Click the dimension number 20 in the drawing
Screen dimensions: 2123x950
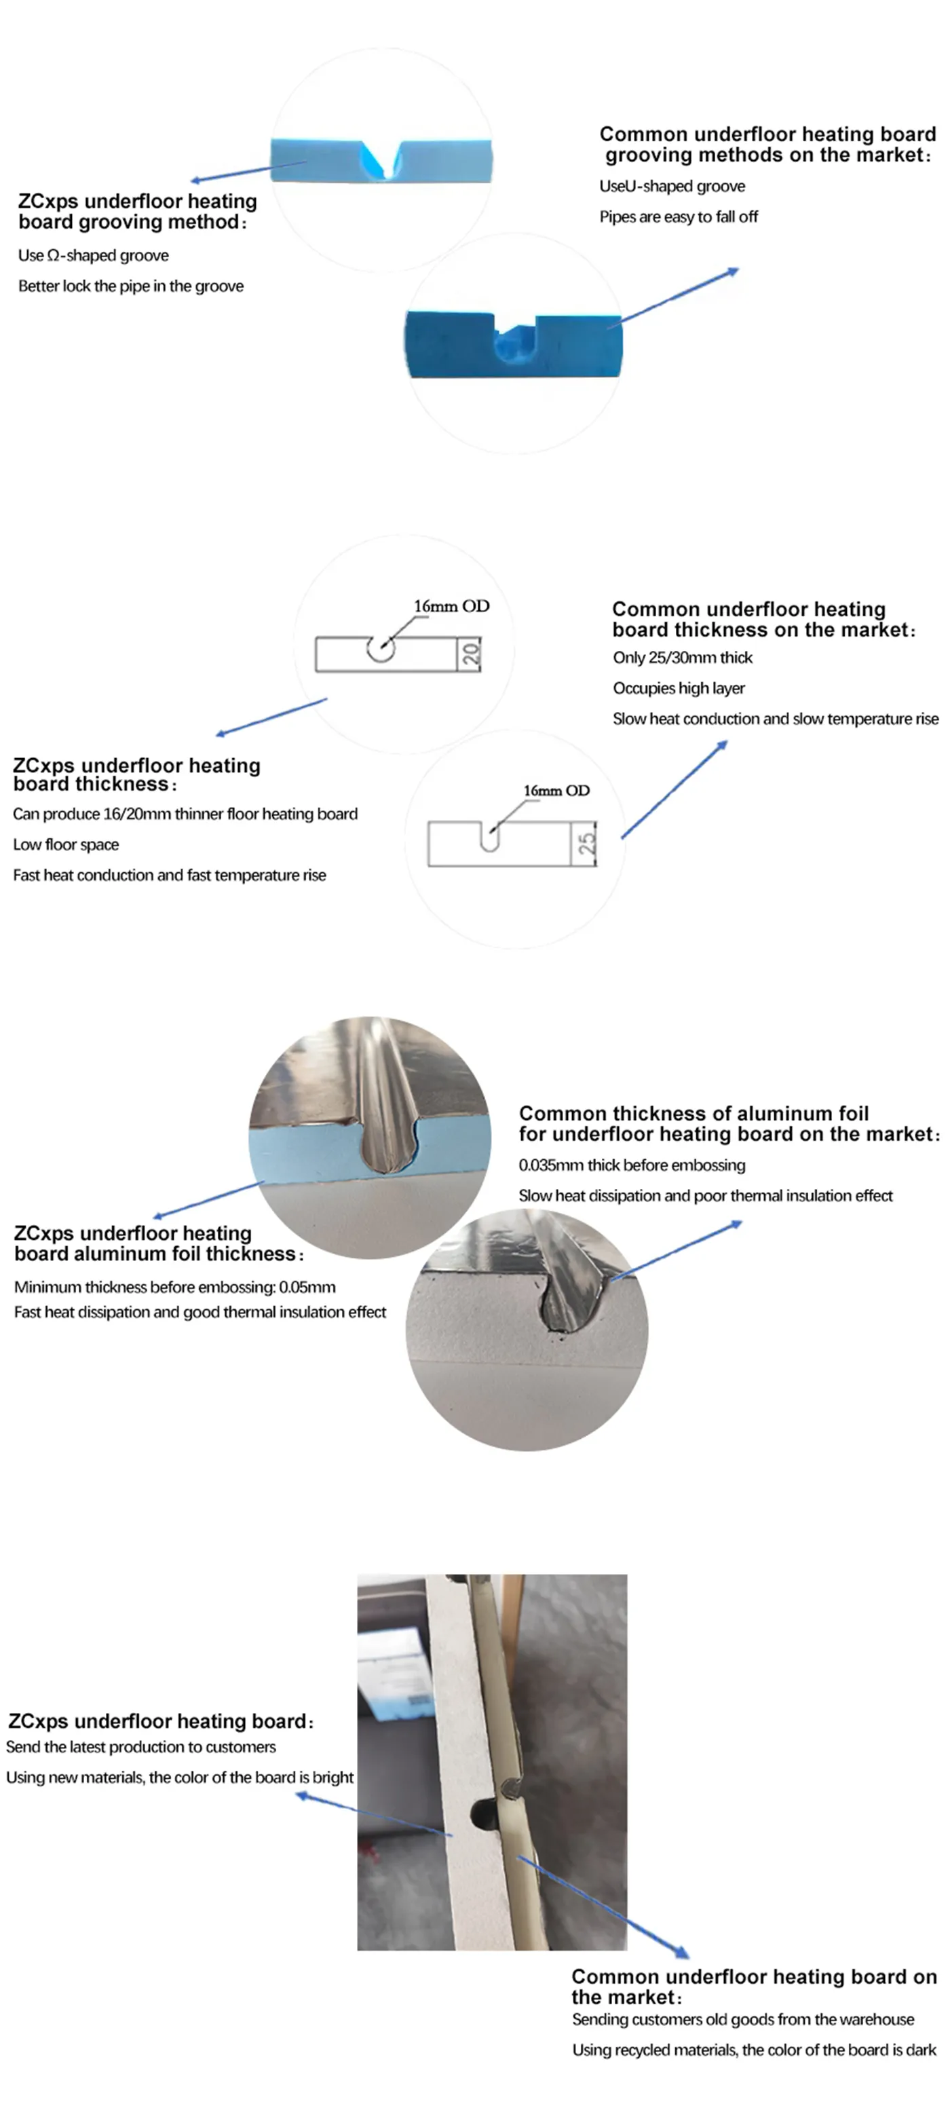[470, 654]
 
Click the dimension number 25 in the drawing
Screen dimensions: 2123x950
[586, 843]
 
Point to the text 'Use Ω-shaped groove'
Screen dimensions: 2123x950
[93, 255]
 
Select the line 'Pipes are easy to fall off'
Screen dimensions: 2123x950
[678, 217]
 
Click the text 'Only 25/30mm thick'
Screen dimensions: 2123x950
[682, 658]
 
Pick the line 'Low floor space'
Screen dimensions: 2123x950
[66, 845]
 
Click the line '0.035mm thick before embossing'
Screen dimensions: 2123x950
[632, 1165]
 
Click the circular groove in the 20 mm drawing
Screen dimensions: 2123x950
[381, 647]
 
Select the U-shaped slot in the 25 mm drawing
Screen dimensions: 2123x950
[489, 838]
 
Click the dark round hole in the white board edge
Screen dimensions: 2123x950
[480, 1812]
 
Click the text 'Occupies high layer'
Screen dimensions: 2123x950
[678, 688]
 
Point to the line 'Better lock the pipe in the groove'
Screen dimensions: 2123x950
[131, 286]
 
